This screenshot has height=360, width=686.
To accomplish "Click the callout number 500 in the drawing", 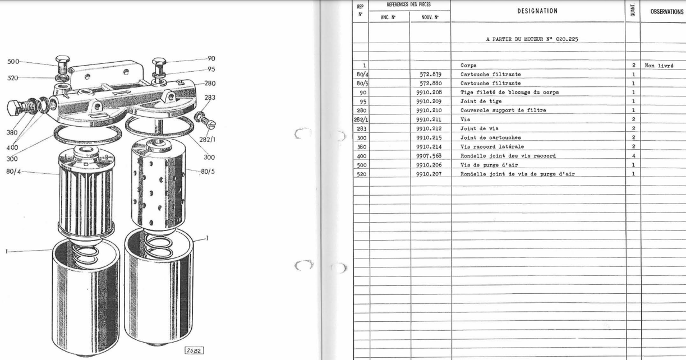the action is pos(13,62).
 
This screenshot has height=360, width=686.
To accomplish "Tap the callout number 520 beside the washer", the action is pos(12,78).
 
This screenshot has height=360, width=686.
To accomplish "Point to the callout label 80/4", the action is pos(13,171).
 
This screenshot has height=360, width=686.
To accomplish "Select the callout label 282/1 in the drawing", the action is pos(208,140).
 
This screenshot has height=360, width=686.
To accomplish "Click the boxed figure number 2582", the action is pos(194,350).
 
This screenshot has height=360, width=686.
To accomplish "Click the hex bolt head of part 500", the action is pos(62,59).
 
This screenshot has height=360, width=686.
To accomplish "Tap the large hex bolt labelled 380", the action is pos(21,107).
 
